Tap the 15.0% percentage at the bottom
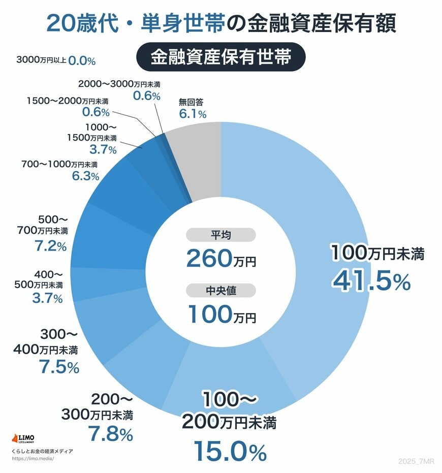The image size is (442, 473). point(230,451)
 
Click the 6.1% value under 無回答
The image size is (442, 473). point(193,114)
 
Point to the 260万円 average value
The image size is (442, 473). point(220,259)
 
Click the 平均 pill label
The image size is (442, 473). point(220,235)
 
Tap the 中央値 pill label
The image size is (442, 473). point(220,290)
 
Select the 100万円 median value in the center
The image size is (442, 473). point(222,314)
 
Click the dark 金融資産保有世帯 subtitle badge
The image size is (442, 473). point(220,57)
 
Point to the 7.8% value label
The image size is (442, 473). point(110,434)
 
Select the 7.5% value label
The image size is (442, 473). point(59,366)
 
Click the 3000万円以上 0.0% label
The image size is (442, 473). point(56,60)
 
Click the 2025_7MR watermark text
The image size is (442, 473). point(417,461)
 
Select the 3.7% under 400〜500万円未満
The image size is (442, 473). point(47,298)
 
